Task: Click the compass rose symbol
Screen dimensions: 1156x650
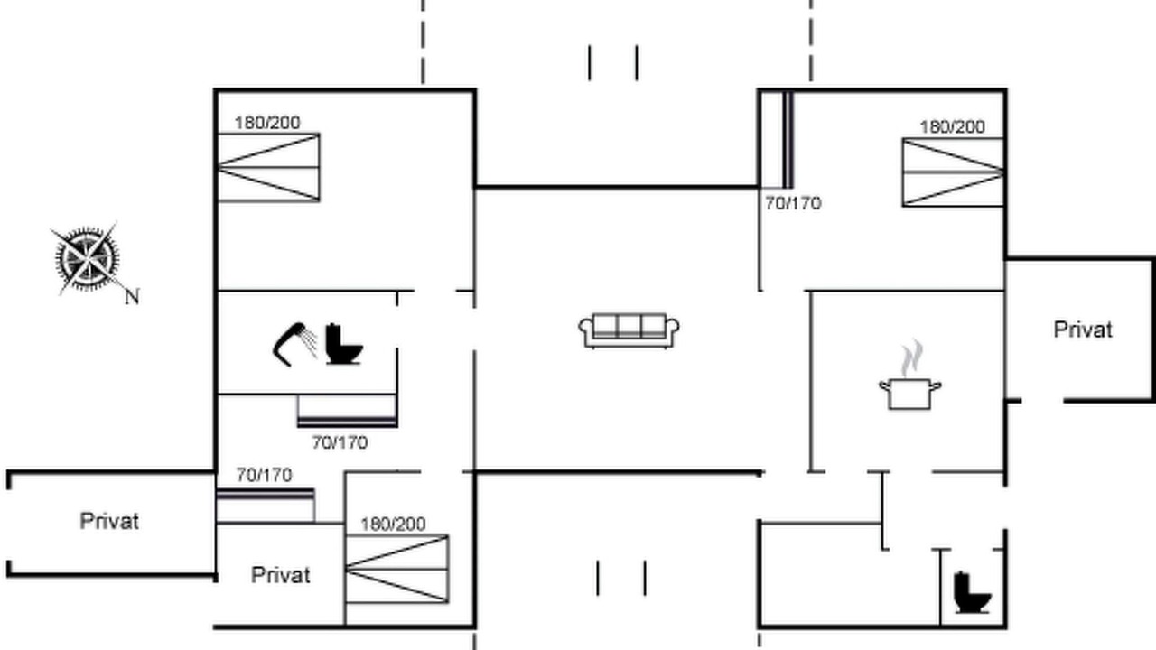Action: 87,259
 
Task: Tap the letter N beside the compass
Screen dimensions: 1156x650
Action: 132,297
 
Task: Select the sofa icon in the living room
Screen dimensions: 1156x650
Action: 629,330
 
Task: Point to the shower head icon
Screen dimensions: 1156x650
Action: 295,344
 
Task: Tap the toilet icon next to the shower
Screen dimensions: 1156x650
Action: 344,344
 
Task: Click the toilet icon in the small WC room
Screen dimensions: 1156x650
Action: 973,593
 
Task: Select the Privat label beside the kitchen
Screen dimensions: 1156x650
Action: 1083,330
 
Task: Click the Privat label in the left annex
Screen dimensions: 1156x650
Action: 109,522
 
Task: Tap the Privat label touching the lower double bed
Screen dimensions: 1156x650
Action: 281,575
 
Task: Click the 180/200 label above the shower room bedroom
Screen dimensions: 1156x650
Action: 267,123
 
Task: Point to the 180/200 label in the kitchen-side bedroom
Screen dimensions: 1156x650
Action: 953,127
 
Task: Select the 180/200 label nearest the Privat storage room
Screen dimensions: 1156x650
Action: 393,525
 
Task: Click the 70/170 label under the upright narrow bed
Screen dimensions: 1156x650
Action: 793,204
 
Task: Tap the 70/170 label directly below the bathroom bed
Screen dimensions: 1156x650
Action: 340,442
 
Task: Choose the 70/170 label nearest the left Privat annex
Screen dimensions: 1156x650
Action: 265,475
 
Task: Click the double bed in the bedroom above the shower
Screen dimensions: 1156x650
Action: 268,168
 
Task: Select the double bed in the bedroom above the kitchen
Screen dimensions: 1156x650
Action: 953,172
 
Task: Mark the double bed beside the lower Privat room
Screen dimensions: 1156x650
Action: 396,569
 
